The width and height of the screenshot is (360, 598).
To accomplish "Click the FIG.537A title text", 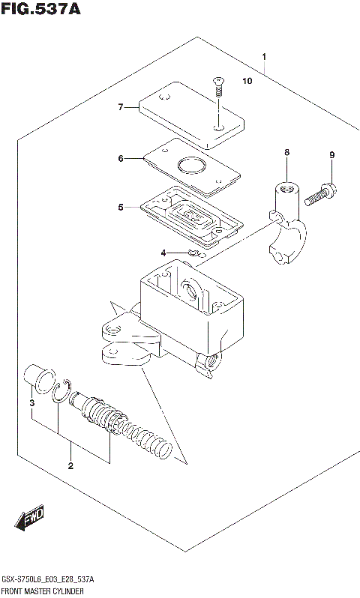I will click(40, 10).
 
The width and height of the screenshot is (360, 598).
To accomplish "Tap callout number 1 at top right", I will click(264, 57).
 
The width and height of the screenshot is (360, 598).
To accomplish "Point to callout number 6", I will click(120, 158).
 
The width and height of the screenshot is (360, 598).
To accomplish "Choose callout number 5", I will click(120, 207).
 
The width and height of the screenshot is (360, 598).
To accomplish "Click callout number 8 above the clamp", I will click(286, 154).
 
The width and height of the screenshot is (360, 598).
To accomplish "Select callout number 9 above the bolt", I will click(331, 155).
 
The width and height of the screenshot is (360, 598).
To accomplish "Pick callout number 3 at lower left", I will click(32, 405).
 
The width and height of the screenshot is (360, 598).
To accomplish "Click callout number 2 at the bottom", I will click(70, 467).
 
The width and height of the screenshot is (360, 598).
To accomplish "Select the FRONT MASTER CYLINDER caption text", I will click(43, 592).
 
